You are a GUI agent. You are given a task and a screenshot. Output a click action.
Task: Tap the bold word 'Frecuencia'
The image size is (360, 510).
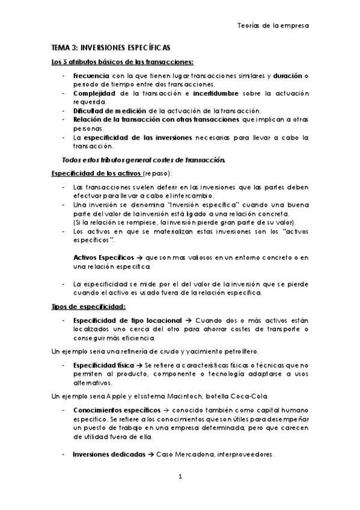point(91,77)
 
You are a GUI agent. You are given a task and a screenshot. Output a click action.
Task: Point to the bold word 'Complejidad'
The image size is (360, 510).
point(93,94)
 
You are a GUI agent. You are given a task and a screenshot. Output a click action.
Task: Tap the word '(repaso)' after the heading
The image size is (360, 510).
point(157,174)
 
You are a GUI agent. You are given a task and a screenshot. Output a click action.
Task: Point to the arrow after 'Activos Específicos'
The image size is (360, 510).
point(140,257)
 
